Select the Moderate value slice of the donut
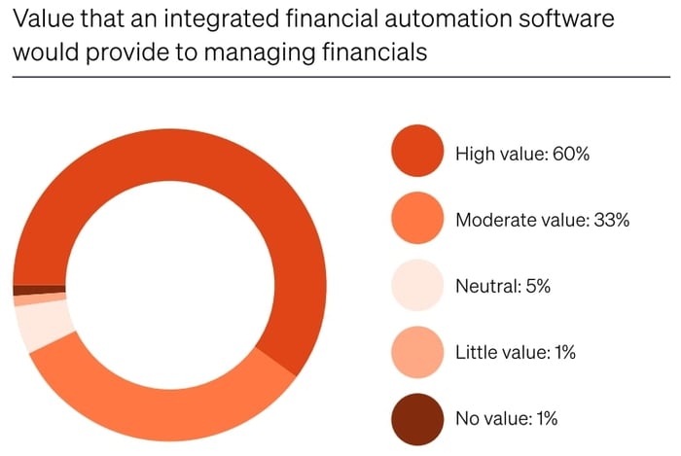[x=165, y=408]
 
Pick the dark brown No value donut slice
[x=39, y=289]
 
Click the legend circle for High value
[x=418, y=152]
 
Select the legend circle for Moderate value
[x=418, y=219]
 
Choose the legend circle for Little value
[x=418, y=352]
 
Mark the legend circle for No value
[x=418, y=419]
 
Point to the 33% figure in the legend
[x=612, y=220]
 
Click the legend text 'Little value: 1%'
[x=516, y=353]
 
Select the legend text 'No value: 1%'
[x=506, y=419]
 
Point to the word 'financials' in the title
[x=376, y=53]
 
